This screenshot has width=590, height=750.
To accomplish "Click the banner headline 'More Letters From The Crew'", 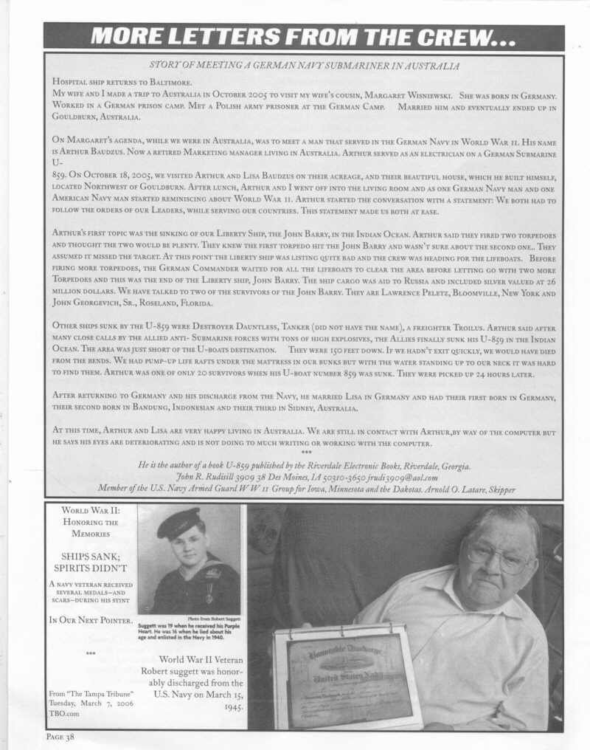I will pyautogui.click(x=303, y=36).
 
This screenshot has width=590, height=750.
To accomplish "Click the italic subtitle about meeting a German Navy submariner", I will pyautogui.click(x=304, y=66).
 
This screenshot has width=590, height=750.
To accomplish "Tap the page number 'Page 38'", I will pyautogui.click(x=60, y=736).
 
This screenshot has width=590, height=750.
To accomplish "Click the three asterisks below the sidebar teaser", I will pyautogui.click(x=91, y=653).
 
